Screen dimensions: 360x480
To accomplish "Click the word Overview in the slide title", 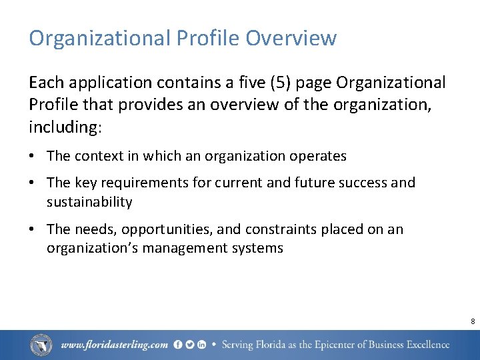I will [x=291, y=38].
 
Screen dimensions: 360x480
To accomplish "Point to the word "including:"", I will [x=63, y=127].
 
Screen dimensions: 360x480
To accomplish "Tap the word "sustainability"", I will [x=89, y=202].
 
